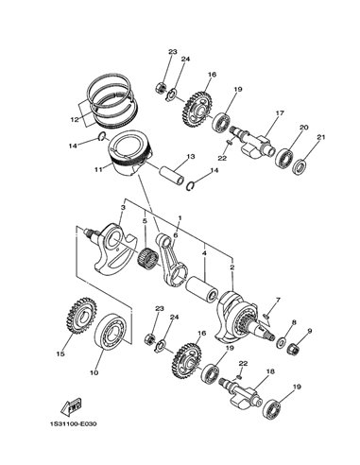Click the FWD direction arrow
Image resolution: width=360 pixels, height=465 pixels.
71,406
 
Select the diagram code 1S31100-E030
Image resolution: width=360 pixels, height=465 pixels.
73,423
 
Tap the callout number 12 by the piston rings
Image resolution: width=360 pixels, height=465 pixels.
75,120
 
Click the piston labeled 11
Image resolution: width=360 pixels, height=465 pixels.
129,153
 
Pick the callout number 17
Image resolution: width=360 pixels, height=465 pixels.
280,112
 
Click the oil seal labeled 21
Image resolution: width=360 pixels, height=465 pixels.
300,165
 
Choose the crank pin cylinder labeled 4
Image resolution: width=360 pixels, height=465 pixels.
201,287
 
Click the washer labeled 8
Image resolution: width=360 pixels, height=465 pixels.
281,342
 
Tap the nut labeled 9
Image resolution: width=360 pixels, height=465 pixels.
294,348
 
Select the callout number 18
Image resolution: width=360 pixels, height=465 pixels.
270,371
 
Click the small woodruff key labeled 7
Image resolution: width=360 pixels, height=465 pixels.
266,315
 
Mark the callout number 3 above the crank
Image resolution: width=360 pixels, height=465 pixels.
123,208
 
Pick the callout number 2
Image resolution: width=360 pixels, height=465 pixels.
232,267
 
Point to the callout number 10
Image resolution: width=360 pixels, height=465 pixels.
94,372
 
